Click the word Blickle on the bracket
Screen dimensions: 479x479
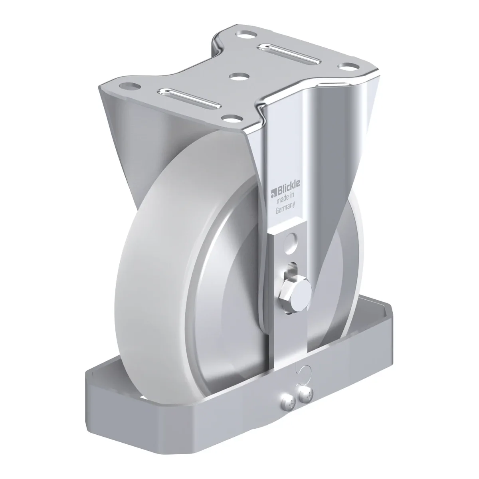(288, 186)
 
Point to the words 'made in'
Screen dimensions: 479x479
(286, 198)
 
